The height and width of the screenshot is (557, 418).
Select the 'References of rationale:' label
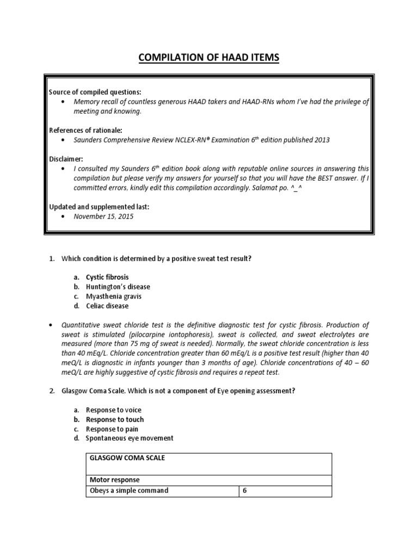click(x=85, y=130)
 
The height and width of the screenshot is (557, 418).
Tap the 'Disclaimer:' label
click(x=66, y=159)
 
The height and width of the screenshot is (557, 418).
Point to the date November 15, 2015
click(x=103, y=216)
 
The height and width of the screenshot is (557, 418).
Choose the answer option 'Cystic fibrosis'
click(x=107, y=277)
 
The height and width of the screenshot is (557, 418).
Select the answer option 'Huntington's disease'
click(x=118, y=287)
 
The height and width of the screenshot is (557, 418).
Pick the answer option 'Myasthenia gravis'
click(x=113, y=296)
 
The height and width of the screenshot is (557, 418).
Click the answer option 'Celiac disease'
click(x=107, y=306)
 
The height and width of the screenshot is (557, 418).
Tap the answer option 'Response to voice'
click(x=113, y=410)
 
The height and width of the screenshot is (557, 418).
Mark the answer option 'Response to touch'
click(x=115, y=419)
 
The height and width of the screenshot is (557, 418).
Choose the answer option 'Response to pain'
click(x=112, y=429)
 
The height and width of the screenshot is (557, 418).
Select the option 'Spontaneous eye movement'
click(x=130, y=438)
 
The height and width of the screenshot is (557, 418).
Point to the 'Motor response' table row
click(x=115, y=480)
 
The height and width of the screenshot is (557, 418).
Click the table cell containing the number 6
click(x=245, y=491)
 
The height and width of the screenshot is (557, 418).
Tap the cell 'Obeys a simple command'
click(x=129, y=491)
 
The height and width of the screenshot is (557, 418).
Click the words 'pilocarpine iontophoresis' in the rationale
click(x=173, y=335)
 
